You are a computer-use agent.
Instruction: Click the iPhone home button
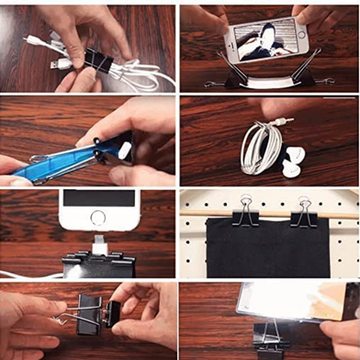[x=98, y=219]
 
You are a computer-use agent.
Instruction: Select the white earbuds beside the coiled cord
[x=292, y=159]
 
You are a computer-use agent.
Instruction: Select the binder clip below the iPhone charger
[x=99, y=264]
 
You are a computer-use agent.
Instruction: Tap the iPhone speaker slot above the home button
[x=98, y=197]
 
